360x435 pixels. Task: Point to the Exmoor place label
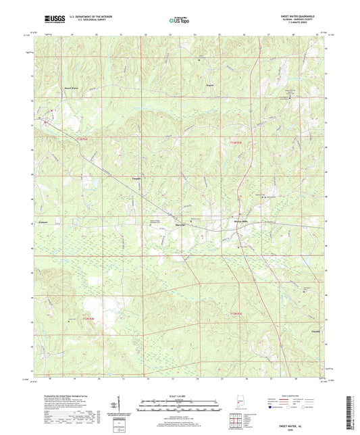[x=43, y=222]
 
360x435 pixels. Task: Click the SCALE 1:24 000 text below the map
[x=179, y=395]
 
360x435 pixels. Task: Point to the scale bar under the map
[x=179, y=403]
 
